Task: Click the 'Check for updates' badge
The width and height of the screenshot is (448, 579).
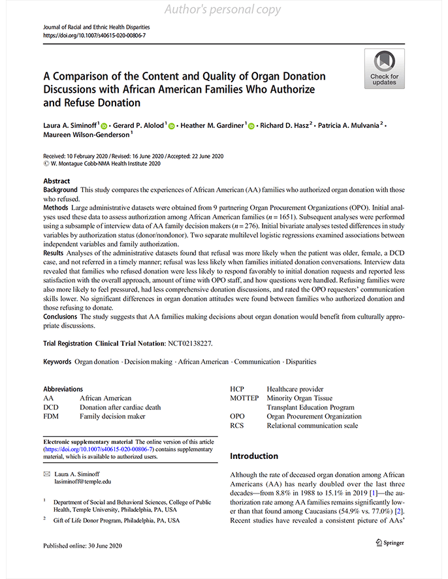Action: click(384, 69)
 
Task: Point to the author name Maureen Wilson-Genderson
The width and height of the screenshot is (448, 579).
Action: click(87, 135)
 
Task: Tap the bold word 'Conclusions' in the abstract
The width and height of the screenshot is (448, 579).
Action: click(61, 316)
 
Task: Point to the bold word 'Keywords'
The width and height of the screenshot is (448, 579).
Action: click(57, 362)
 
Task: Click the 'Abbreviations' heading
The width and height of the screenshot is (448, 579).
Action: click(63, 389)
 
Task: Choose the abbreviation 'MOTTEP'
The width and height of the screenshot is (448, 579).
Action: click(244, 398)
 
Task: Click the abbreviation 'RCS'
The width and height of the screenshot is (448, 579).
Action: click(237, 426)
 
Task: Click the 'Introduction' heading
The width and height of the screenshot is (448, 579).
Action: click(254, 456)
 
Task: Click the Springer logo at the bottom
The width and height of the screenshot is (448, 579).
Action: click(390, 542)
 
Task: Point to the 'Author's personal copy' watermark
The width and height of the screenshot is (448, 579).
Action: click(223, 10)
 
